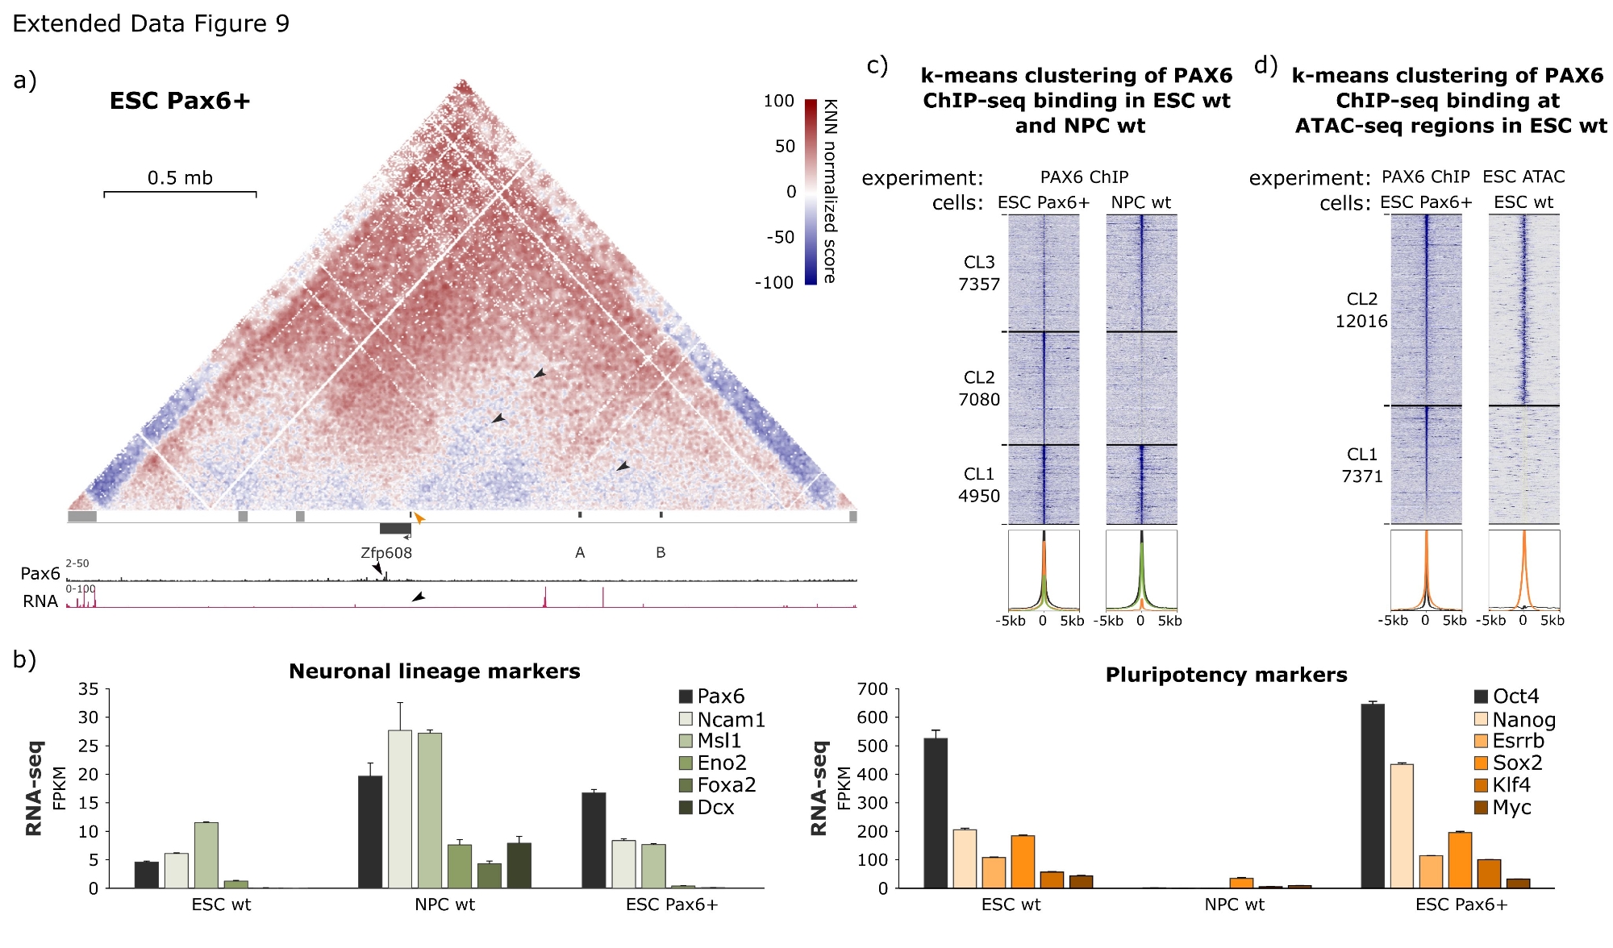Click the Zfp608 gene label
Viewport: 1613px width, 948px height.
tap(386, 553)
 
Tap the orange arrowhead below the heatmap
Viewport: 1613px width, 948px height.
tap(419, 518)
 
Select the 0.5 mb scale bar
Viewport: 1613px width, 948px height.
tap(180, 193)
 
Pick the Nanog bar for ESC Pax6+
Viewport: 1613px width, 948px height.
tap(1402, 825)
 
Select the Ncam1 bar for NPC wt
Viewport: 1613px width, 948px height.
tap(399, 809)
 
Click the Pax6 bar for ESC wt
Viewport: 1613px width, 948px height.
tap(147, 875)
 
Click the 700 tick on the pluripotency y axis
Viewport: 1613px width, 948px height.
tap(872, 689)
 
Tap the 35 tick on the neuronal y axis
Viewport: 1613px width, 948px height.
tap(88, 689)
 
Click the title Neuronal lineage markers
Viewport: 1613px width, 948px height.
tap(434, 671)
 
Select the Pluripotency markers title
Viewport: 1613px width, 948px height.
tap(1226, 675)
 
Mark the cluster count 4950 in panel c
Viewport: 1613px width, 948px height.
tap(978, 497)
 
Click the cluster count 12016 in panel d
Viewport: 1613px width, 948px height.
tap(1361, 322)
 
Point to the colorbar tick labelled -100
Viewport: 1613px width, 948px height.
tap(773, 283)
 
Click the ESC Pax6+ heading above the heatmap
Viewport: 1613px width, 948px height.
tap(180, 101)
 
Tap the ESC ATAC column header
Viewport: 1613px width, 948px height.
tap(1523, 177)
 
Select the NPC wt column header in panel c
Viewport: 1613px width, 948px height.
tap(1140, 202)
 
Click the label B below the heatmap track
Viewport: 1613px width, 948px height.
tap(661, 553)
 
